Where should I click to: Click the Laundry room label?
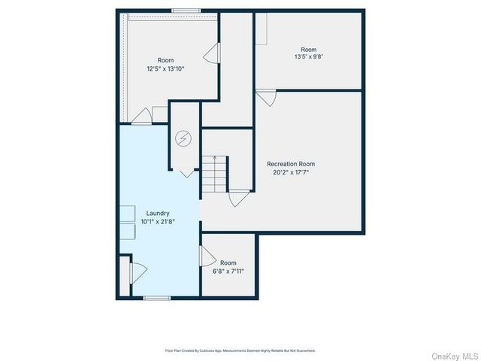point(158,213)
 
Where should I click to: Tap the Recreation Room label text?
point(291,164)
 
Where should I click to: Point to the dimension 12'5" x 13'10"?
point(165,68)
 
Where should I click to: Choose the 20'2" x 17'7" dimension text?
point(291,172)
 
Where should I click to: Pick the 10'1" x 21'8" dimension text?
point(158,221)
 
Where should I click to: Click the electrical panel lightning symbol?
point(183,138)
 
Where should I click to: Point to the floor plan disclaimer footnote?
point(240,350)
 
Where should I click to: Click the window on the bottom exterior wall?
point(156,299)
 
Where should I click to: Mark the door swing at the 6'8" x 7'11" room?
point(207,257)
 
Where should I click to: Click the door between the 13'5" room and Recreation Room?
point(266,98)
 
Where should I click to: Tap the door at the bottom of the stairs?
point(238,199)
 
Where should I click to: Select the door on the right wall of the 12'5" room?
point(211,52)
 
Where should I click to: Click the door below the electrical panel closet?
point(187,173)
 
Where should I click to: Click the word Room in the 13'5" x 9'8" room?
point(308,50)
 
